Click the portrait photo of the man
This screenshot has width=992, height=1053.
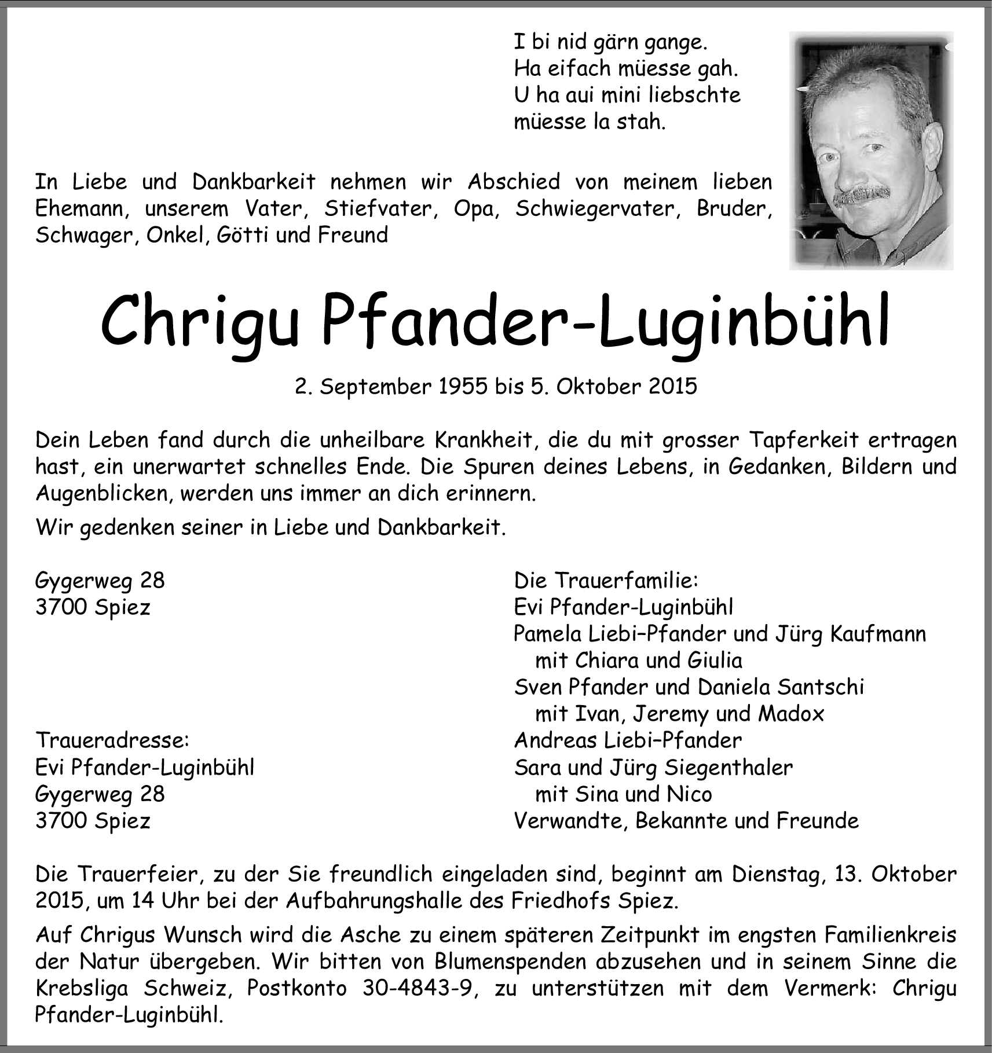click(x=871, y=151)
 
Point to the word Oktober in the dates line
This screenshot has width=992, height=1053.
click(x=599, y=386)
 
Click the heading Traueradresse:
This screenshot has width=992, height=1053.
click(x=112, y=740)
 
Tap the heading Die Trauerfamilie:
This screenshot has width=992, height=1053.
click(x=606, y=580)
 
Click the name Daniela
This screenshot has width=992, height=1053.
click(x=734, y=687)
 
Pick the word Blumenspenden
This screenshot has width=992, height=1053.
click(x=510, y=961)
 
